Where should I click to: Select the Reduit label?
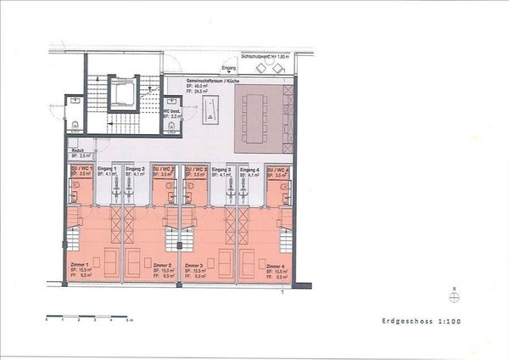77,151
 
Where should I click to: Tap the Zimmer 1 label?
78,266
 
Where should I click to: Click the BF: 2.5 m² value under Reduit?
81,157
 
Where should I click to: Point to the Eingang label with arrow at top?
227,65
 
